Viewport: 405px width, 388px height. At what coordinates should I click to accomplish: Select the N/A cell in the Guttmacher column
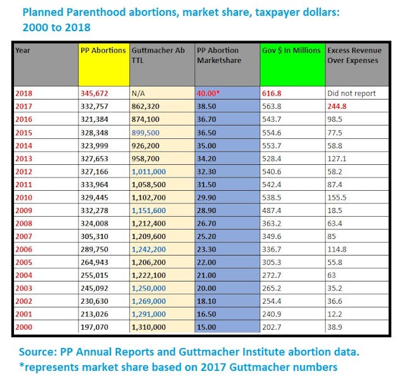[x=139, y=93]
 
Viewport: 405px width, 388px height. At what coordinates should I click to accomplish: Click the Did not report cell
[x=351, y=93]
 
